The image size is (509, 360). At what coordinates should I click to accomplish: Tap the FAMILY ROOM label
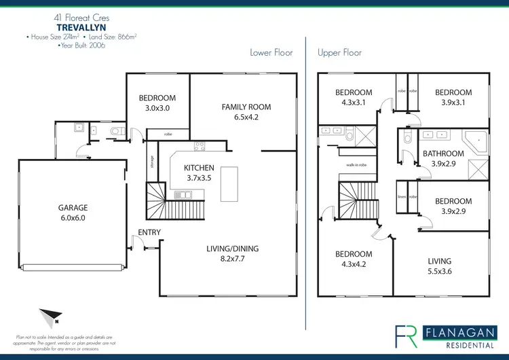[246, 107]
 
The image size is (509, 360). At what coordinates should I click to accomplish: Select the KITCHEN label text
[200, 168]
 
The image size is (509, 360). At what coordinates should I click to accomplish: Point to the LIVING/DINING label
[232, 249]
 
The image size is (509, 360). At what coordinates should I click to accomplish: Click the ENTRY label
[149, 232]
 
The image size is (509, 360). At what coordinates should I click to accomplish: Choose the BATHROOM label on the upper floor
[443, 154]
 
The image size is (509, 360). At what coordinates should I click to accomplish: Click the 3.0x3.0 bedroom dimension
[157, 107]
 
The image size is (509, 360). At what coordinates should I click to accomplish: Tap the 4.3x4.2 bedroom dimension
[354, 264]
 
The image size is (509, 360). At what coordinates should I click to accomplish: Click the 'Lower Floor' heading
[271, 52]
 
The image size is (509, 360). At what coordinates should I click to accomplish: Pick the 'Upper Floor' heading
[340, 52]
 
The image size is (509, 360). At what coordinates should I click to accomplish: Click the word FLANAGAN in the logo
[457, 331]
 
